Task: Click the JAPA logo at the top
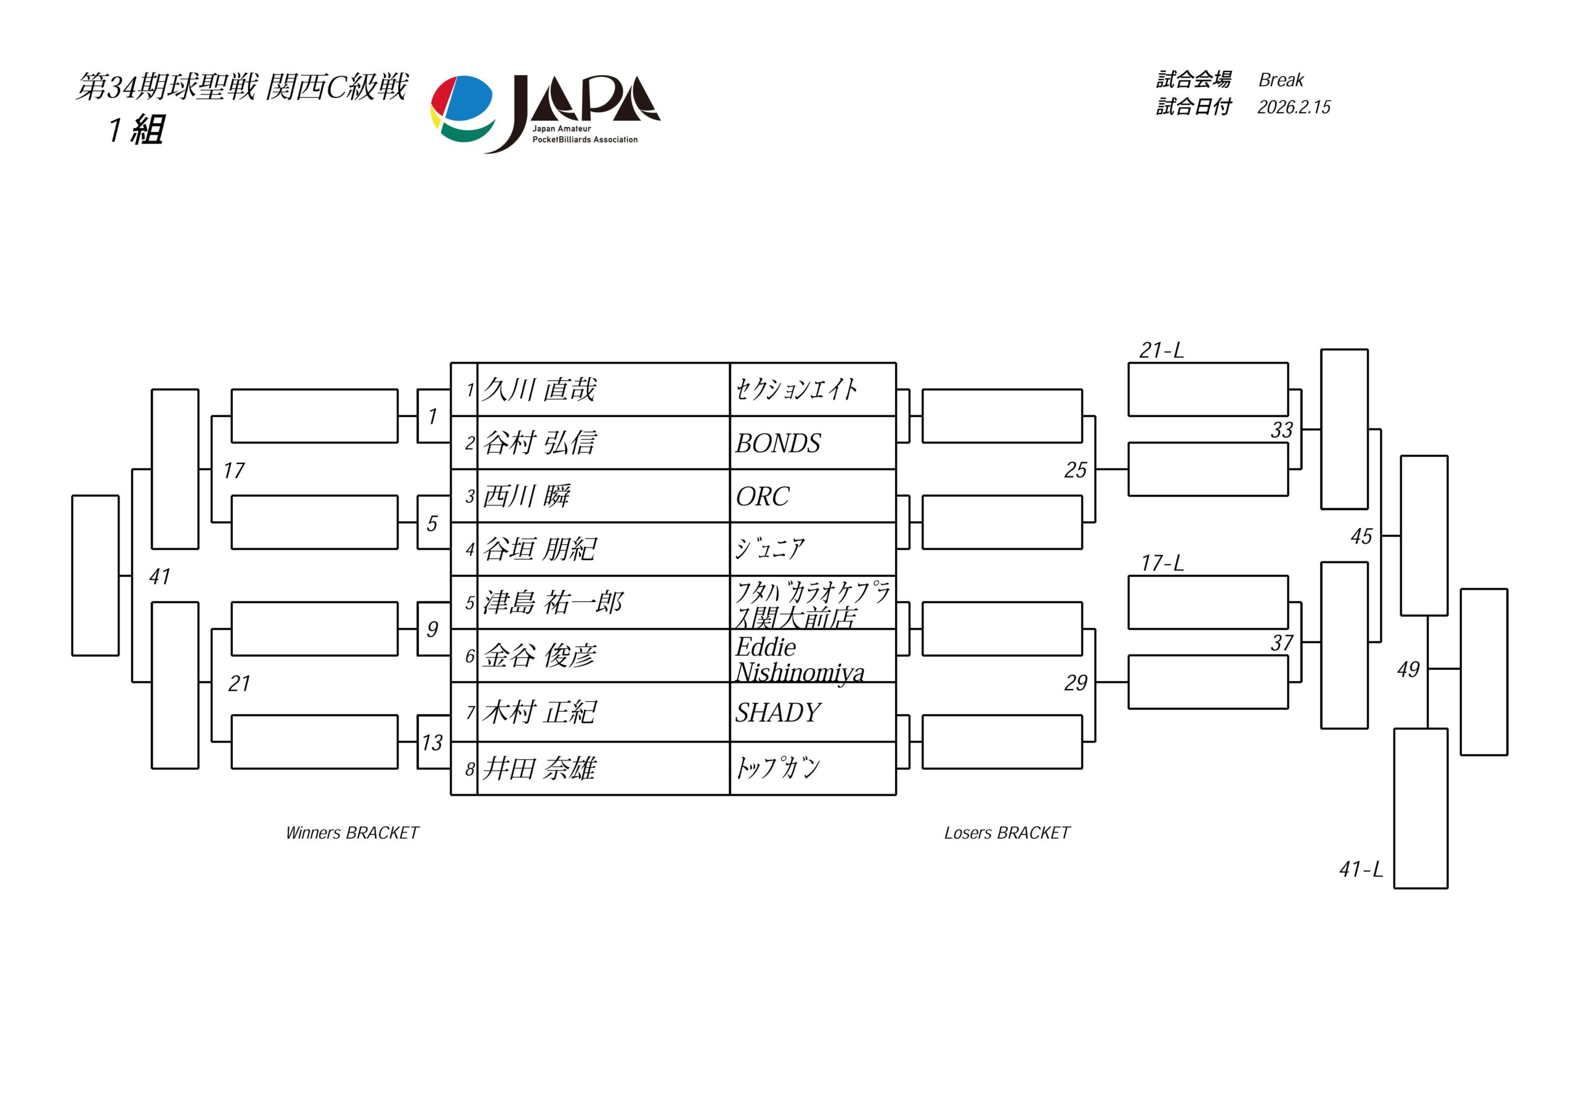point(545,113)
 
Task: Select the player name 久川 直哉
point(539,389)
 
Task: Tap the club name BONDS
point(777,444)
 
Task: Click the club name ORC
point(763,497)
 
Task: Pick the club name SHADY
point(777,712)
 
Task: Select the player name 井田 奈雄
point(539,768)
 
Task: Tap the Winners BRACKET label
point(352,833)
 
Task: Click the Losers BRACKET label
point(1007,833)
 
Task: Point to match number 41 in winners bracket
point(160,577)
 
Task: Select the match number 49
point(1408,669)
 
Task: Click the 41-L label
point(1361,870)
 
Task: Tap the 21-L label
point(1161,351)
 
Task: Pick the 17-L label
point(1162,563)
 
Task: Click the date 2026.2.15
point(1294,107)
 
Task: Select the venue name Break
point(1281,80)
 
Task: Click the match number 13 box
point(432,742)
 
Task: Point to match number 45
point(1361,536)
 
